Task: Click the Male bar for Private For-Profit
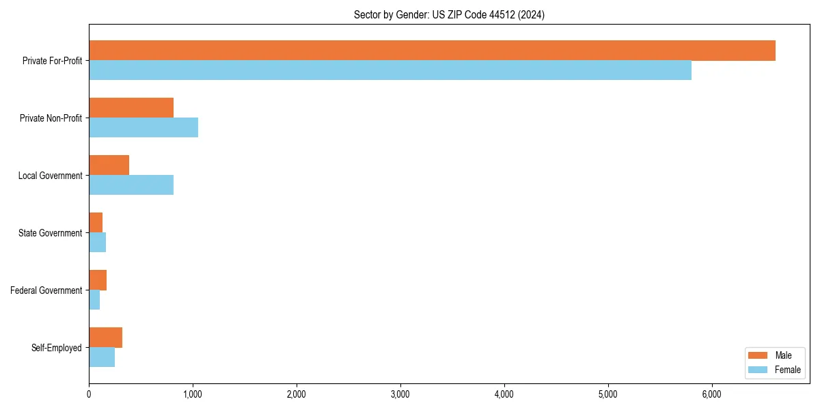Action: [432, 51]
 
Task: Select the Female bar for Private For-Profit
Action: [390, 70]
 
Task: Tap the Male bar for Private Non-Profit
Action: [131, 108]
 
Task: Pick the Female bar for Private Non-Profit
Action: [143, 128]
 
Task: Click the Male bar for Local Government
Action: [109, 165]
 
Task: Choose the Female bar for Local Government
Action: [131, 185]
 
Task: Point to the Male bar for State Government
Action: [96, 223]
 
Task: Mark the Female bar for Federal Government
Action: [94, 300]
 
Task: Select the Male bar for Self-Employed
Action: [105, 338]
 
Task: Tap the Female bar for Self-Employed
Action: [102, 357]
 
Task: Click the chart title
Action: [449, 14]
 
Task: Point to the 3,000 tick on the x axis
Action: [400, 394]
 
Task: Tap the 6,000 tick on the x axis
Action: [712, 394]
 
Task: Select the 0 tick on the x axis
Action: [89, 394]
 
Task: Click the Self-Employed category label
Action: [57, 348]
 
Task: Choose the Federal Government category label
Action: [46, 290]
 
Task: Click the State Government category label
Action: [51, 233]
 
